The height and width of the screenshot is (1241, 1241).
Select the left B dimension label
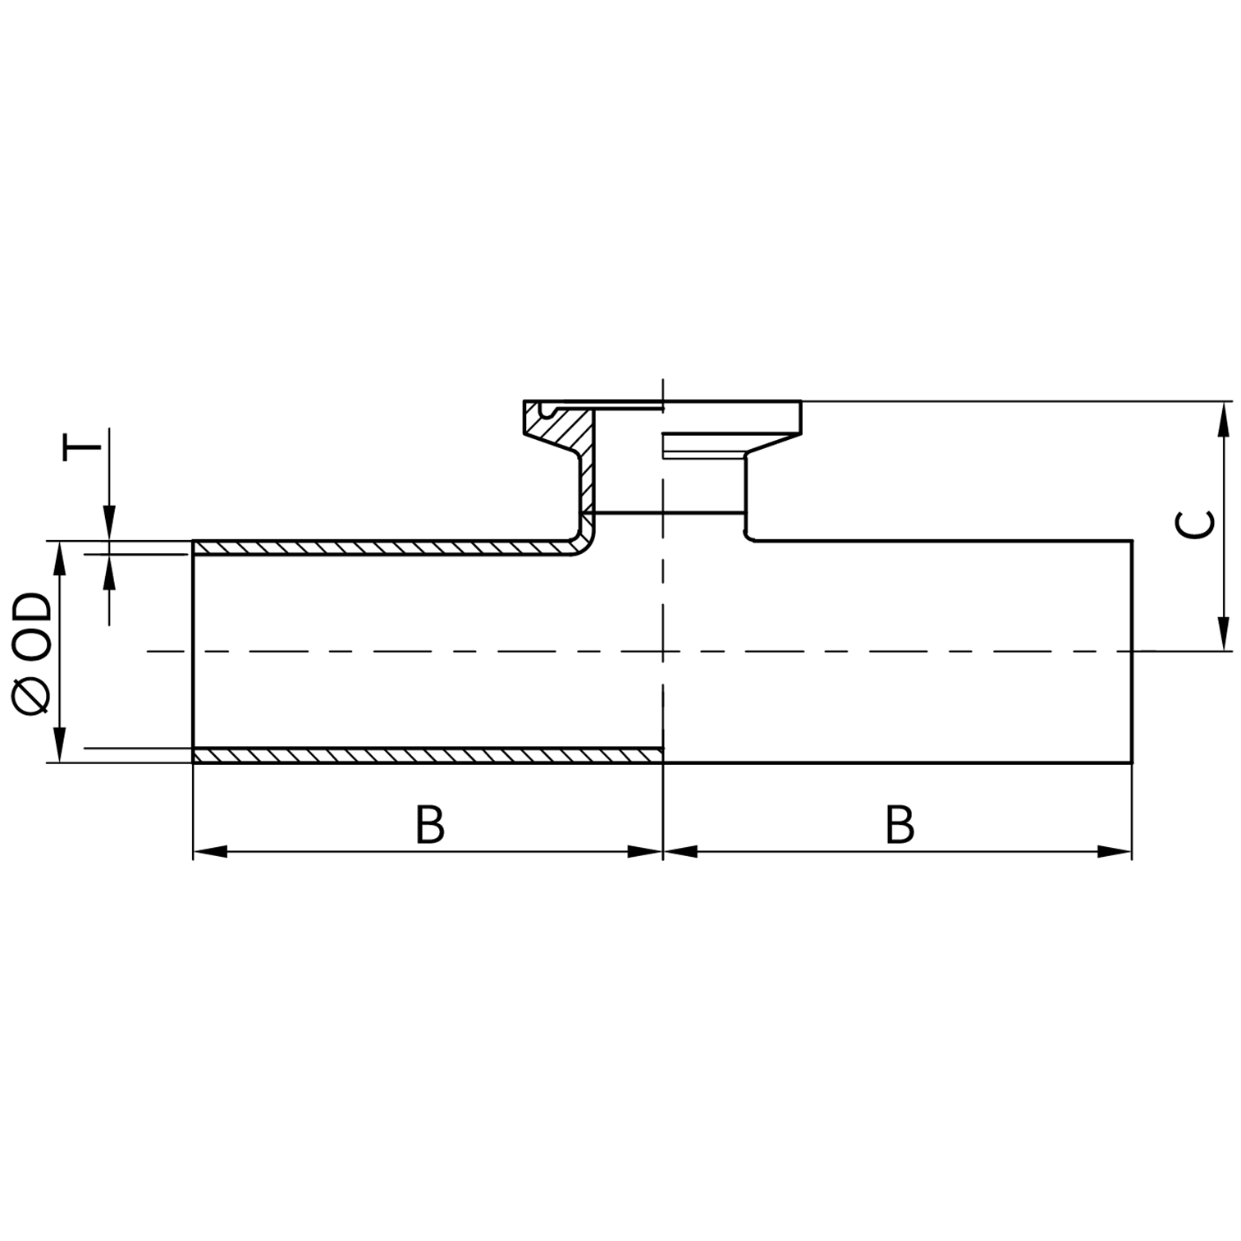click(430, 826)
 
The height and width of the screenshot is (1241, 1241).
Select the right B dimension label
click(900, 826)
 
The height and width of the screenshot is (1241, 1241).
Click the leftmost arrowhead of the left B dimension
click(210, 852)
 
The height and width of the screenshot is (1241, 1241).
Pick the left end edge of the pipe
click(193, 652)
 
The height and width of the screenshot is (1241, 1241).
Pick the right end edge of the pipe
click(1133, 652)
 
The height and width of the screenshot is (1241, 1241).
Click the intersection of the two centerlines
click(662, 652)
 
